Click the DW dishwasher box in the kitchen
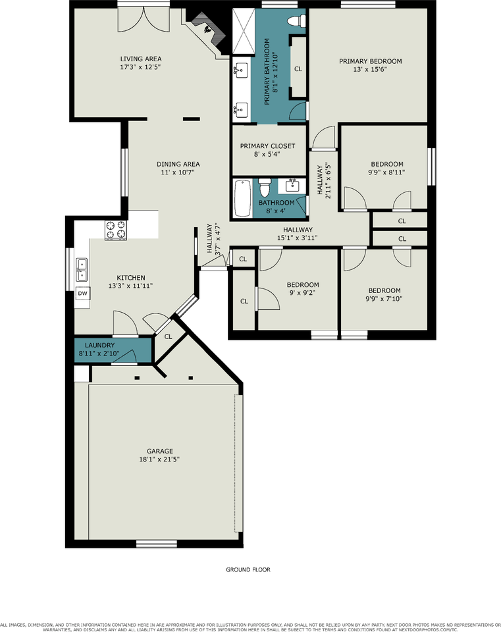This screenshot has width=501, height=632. [83, 294]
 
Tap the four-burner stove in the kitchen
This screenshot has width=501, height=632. [116, 230]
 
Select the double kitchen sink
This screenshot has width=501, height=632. [82, 270]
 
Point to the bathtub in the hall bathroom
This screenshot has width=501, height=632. [243, 198]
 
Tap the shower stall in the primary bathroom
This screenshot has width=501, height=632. [244, 32]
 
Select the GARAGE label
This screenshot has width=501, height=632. [160, 451]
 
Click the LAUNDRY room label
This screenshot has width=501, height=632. [99, 345]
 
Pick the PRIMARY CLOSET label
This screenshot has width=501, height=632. [268, 146]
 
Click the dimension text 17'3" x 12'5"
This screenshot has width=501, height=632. [140, 67]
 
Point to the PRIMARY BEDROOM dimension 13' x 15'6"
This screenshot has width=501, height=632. [370, 69]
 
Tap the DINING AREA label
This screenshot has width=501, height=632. [178, 164]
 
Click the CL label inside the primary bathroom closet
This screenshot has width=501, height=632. [298, 69]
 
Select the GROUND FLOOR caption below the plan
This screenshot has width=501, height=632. [248, 569]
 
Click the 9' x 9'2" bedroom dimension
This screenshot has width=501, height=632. [302, 292]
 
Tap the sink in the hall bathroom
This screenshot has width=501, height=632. [292, 185]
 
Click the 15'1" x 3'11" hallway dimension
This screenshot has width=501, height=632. [297, 238]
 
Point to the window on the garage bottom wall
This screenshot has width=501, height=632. [157, 544]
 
